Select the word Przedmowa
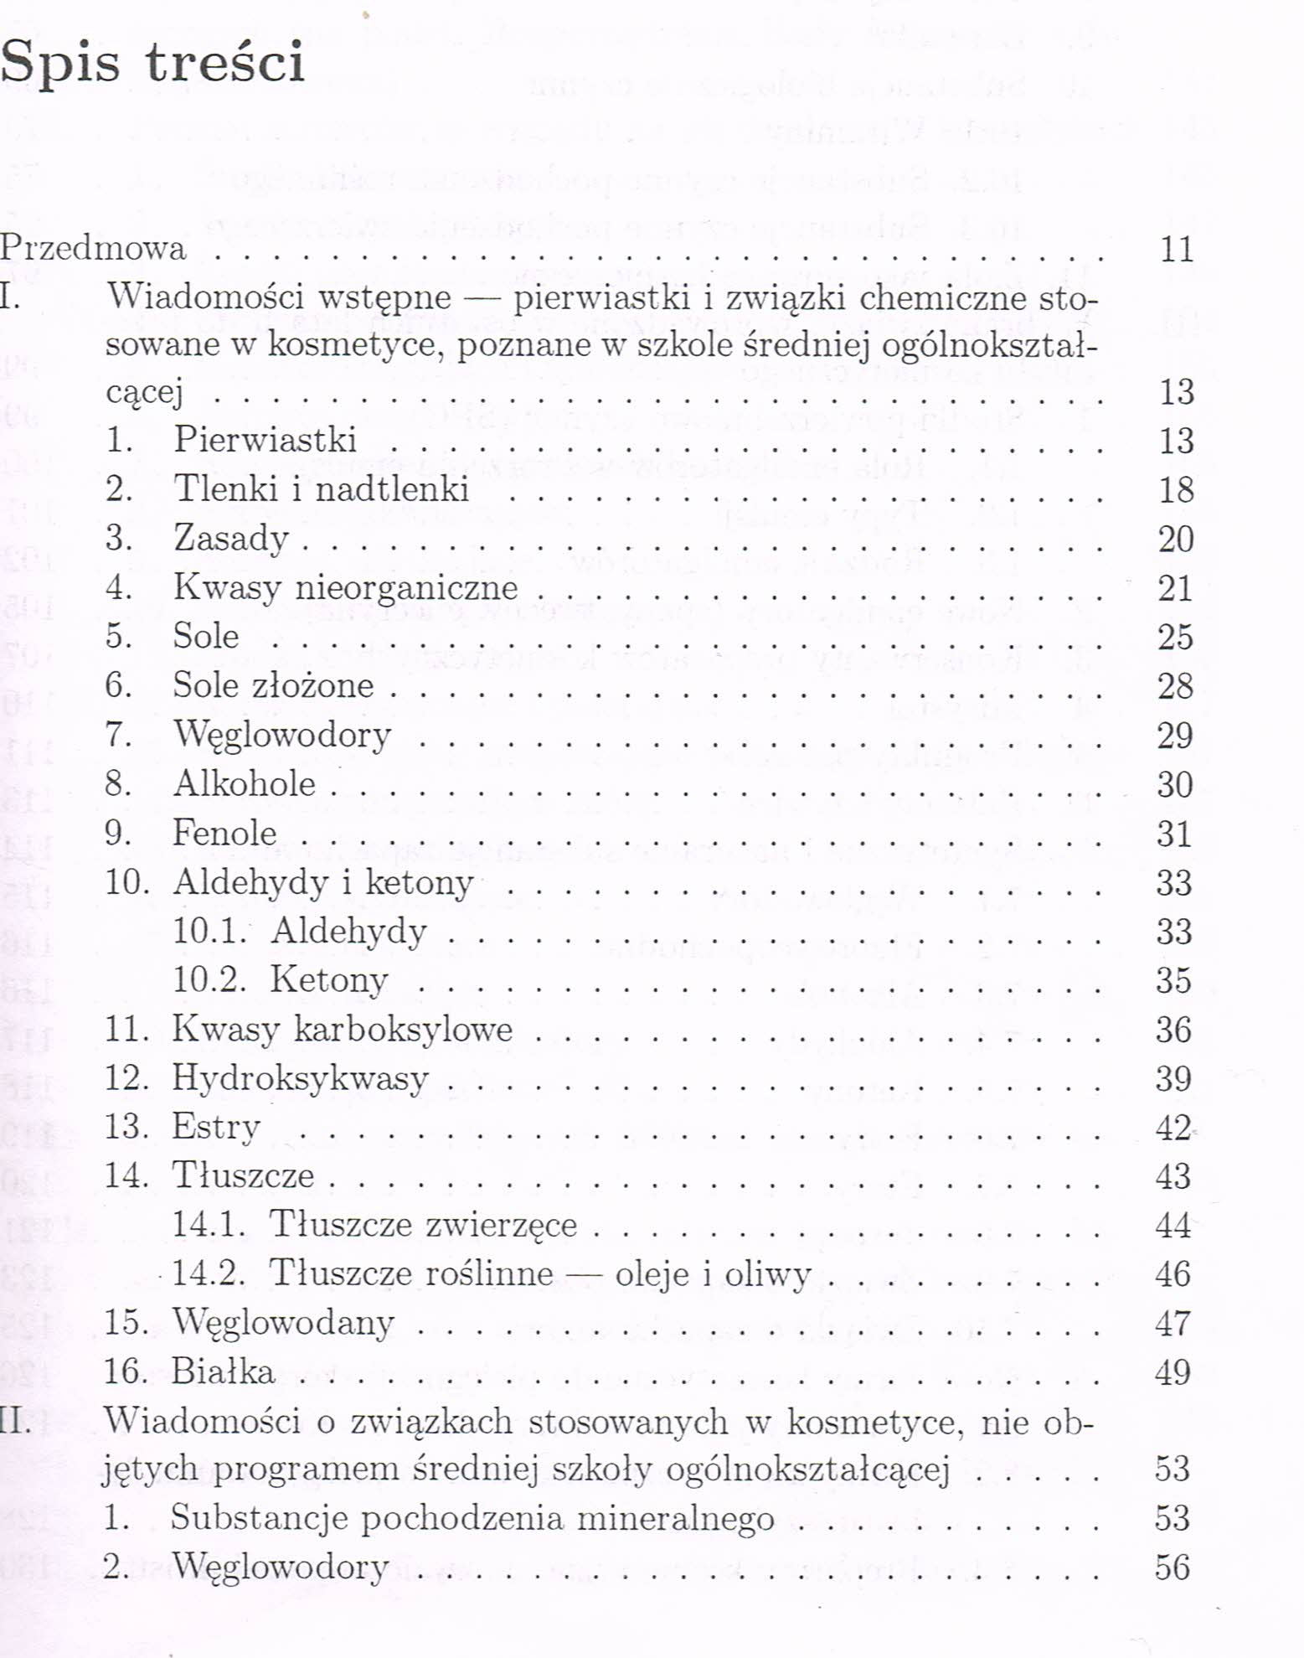point(92,248)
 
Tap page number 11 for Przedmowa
point(1177,249)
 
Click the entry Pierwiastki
point(265,440)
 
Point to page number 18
point(1176,489)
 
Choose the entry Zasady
point(231,538)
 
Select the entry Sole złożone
point(273,685)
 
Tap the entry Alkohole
point(245,783)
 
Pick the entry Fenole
point(224,833)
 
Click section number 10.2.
point(209,979)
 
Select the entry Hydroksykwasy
point(300,1078)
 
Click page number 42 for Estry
point(1173,1128)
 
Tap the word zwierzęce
point(501,1225)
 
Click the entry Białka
point(223,1371)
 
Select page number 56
point(1172,1567)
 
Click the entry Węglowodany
point(283,1323)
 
